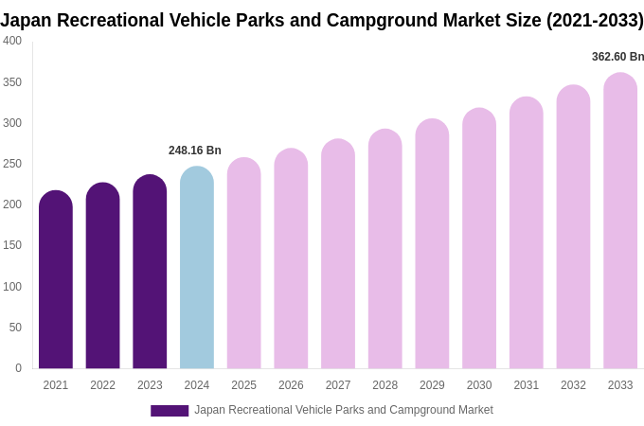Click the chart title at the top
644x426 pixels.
tap(322, 20)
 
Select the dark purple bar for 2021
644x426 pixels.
tap(56, 284)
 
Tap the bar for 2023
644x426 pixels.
tap(150, 275)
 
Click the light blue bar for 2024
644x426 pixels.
tap(197, 270)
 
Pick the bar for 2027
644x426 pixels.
tap(338, 256)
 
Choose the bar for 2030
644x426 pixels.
tap(479, 241)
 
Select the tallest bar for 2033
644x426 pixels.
tap(620, 222)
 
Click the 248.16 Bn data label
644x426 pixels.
tap(195, 151)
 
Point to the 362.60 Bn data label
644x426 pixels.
tap(617, 57)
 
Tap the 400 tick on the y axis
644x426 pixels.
tap(12, 41)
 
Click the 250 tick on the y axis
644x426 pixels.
tap(12, 164)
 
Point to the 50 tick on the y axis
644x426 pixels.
tap(15, 328)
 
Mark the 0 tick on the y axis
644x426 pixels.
tap(18, 368)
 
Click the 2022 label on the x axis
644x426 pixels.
tap(102, 385)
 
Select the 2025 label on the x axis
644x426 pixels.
tap(243, 385)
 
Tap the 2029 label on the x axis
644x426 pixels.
tap(432, 385)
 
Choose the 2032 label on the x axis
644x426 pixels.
tap(573, 385)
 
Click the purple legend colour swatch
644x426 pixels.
tap(170, 411)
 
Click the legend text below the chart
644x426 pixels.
tap(343, 410)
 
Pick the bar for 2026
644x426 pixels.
tap(291, 260)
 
